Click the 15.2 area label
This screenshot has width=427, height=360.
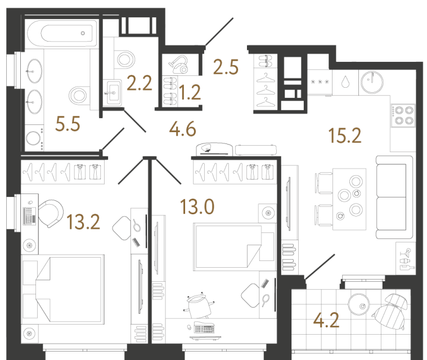[x=345, y=136]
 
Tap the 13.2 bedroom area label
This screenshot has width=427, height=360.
[x=83, y=222]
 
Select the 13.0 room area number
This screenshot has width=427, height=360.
[x=197, y=206]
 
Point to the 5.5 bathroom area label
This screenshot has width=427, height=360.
[x=68, y=124]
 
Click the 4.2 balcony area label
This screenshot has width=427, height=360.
[x=326, y=320]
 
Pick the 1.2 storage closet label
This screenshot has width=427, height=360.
[x=190, y=92]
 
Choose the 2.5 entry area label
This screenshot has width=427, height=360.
[x=226, y=67]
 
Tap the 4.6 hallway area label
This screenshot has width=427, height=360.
[x=182, y=129]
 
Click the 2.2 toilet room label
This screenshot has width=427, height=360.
[x=139, y=83]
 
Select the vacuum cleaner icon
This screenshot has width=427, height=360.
[x=179, y=65]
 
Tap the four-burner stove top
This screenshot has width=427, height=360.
[x=404, y=116]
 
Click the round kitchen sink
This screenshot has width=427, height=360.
[x=372, y=82]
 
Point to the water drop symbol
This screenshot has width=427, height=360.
[x=345, y=82]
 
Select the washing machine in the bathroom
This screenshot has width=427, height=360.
[x=34, y=138]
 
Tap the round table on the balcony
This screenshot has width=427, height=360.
[x=359, y=304]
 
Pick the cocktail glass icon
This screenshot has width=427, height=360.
[x=407, y=252]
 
